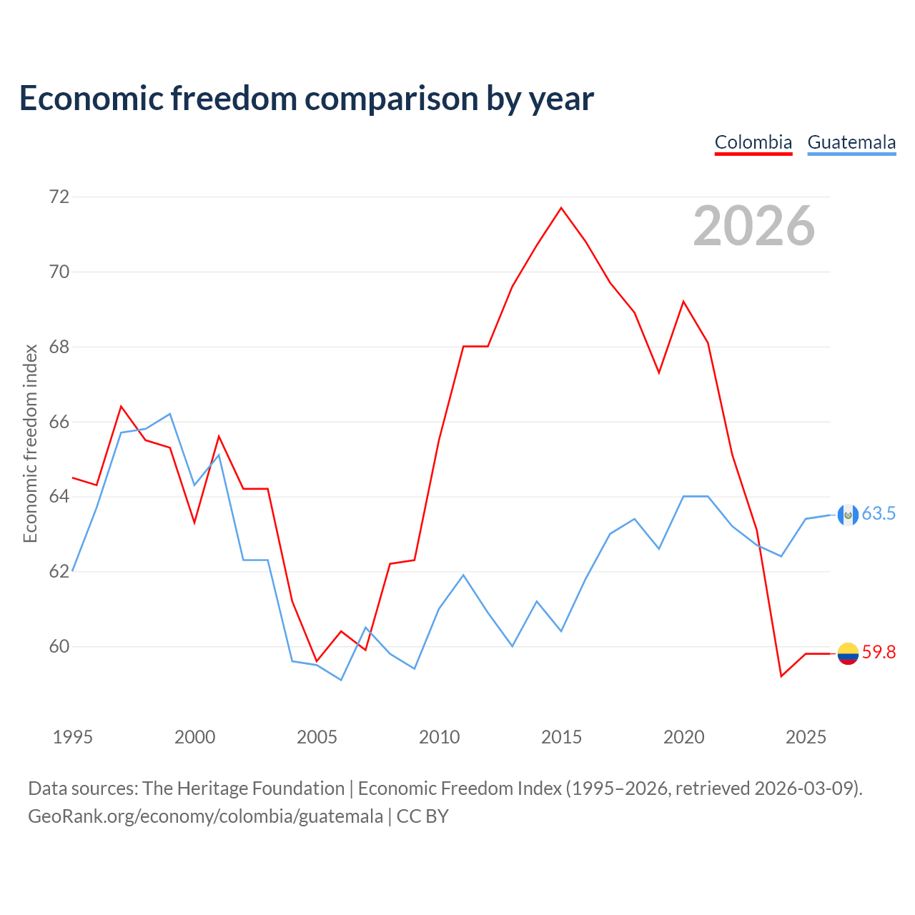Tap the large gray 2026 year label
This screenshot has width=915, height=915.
(x=754, y=226)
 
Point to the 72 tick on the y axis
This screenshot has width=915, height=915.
(x=59, y=197)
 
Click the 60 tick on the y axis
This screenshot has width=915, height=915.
(x=59, y=646)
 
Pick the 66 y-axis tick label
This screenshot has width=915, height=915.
(x=59, y=422)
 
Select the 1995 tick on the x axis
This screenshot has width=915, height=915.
(x=73, y=737)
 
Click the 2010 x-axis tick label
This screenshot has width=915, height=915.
(x=439, y=737)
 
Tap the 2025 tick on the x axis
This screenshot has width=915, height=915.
(x=806, y=737)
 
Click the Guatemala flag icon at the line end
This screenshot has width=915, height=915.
(x=848, y=515)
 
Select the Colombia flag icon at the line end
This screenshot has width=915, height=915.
(x=848, y=654)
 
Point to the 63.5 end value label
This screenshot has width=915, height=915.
(x=879, y=513)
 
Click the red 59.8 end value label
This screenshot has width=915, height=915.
(x=879, y=653)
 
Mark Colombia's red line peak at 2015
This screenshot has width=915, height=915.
(x=561, y=207)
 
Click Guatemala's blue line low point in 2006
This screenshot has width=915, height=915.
(x=341, y=680)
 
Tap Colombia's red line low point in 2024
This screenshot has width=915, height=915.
(x=781, y=676)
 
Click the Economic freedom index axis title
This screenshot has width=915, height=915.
(x=31, y=443)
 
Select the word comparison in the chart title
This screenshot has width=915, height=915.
(x=392, y=99)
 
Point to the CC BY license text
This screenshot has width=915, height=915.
(x=422, y=816)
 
